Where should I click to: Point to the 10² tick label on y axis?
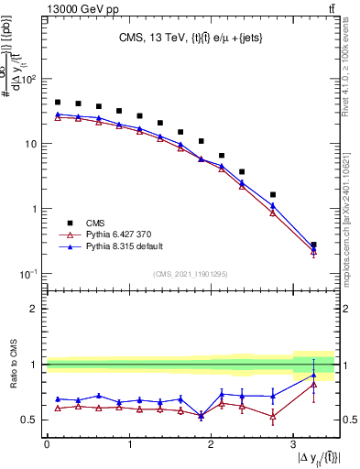point(29,80)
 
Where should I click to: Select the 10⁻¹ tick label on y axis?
point(29,274)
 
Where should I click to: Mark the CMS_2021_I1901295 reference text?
point(191,274)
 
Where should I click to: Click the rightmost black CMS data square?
point(313,245)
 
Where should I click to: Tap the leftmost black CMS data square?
point(58,103)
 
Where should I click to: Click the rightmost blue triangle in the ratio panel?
point(313,375)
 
